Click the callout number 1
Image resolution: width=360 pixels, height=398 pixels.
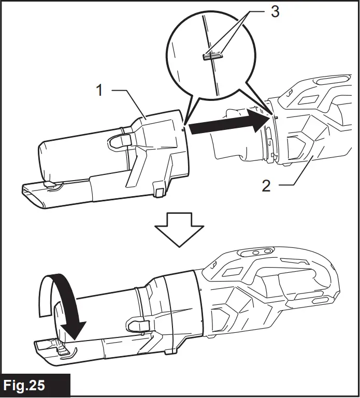[x=100, y=91]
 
